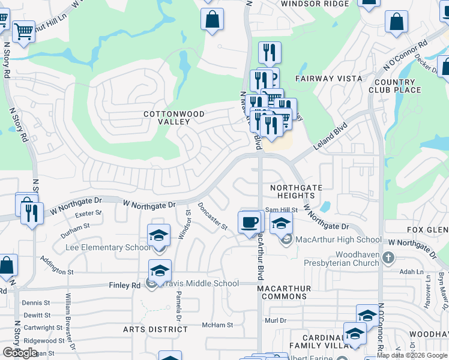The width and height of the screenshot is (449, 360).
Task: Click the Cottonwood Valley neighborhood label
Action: (174, 118)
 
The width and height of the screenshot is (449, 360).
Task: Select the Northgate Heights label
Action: (296, 191)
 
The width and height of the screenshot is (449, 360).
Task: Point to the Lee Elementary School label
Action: (109, 247)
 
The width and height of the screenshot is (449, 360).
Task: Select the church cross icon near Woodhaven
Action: (388, 258)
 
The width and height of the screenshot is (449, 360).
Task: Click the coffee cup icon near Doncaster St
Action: (250, 222)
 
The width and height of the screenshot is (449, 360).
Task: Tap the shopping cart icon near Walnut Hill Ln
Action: (23, 31)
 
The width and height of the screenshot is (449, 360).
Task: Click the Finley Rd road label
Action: (124, 286)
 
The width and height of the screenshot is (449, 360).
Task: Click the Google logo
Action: (20, 353)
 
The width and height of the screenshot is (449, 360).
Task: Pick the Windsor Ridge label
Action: (315, 4)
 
